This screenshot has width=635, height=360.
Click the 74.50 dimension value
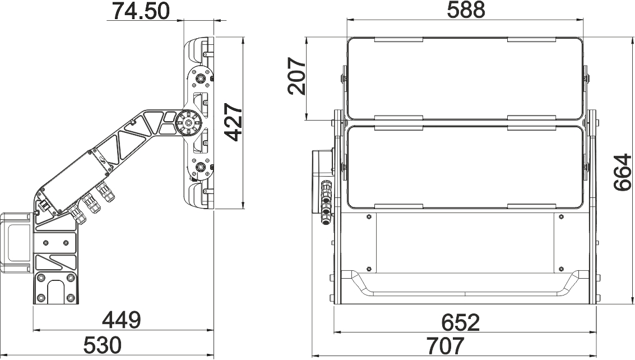click(x=141, y=11)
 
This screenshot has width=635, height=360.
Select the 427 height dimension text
click(x=233, y=122)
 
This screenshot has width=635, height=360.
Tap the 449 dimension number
click(x=122, y=320)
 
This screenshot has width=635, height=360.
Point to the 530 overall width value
click(x=103, y=345)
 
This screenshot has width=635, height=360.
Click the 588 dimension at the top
click(x=466, y=10)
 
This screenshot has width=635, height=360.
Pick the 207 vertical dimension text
click(x=296, y=76)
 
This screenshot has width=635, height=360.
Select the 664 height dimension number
click(x=622, y=172)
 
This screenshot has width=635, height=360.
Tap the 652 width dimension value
click(x=461, y=322)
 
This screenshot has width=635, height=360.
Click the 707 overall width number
click(x=445, y=346)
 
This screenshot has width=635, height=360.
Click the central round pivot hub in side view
click(x=188, y=122)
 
